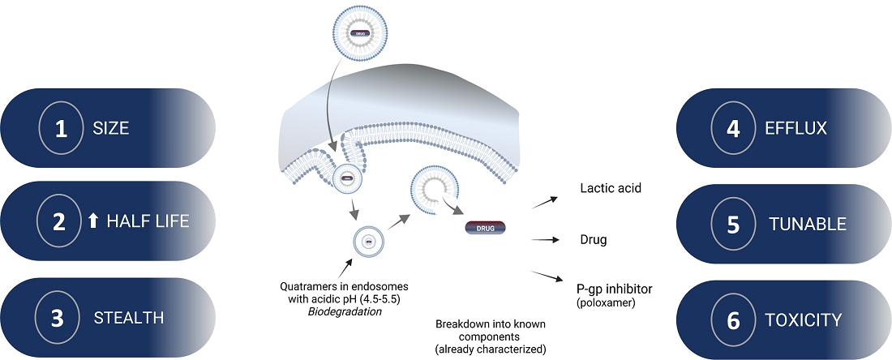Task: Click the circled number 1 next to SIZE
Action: [x=61, y=128]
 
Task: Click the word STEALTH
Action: [x=128, y=318]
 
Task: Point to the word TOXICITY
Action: [x=804, y=320]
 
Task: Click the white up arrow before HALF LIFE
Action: [x=92, y=221]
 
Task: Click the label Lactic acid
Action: [x=611, y=188]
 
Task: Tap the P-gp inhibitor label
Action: [x=614, y=289]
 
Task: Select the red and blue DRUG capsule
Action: [x=485, y=228]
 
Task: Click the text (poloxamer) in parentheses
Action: [x=604, y=302]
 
